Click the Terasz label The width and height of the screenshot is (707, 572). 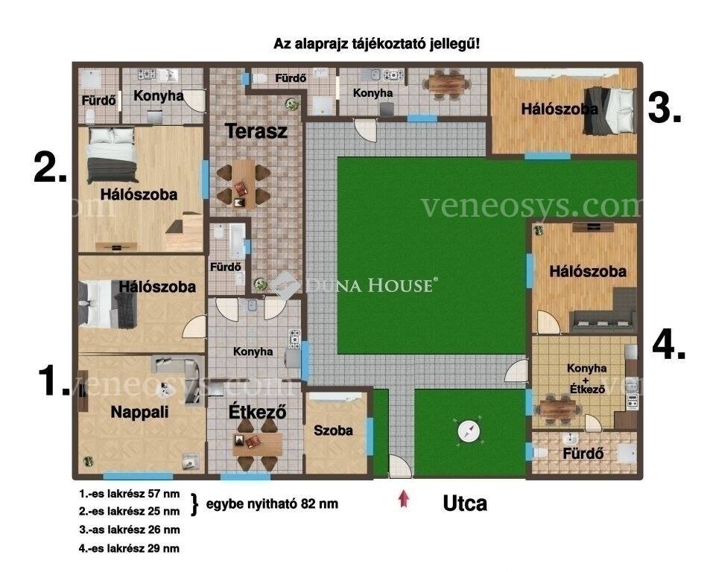(256, 131)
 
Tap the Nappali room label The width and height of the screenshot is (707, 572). (140, 412)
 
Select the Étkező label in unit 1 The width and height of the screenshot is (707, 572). (258, 411)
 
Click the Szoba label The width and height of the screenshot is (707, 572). (333, 430)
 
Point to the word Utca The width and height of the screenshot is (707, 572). (465, 503)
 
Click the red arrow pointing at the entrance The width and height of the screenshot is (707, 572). (404, 499)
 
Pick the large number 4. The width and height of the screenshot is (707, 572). (669, 346)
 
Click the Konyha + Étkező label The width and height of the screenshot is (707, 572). (586, 378)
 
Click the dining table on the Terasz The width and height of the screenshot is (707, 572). (244, 184)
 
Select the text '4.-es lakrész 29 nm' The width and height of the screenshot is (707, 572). (129, 549)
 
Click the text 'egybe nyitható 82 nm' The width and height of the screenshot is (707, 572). (272, 503)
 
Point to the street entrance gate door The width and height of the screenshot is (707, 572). (400, 466)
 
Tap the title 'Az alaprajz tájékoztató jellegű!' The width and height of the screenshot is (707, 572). (376, 44)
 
